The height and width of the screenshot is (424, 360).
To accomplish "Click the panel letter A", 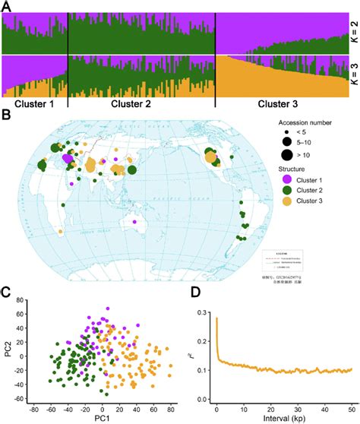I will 6,5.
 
